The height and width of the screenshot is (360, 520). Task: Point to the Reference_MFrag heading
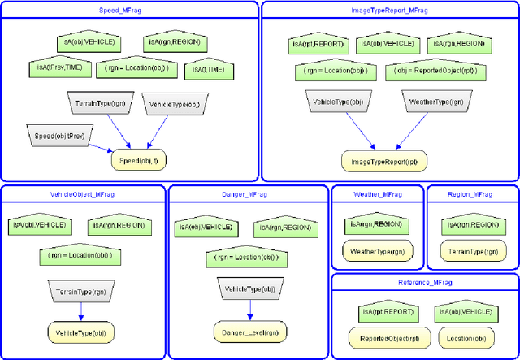[424, 282]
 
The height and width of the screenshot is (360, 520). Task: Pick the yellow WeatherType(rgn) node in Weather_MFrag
[376, 251]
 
